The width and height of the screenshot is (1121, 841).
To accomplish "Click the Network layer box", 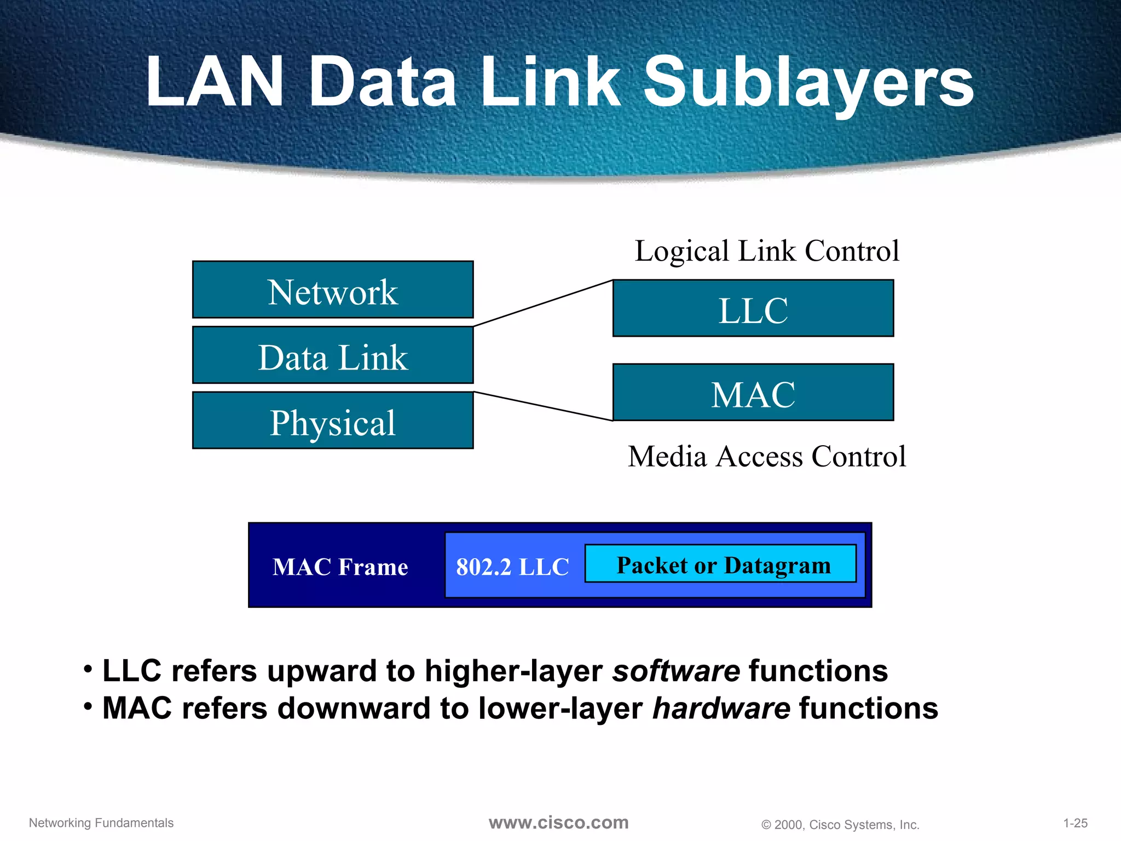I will tap(333, 290).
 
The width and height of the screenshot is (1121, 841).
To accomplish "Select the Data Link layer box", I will tap(333, 355).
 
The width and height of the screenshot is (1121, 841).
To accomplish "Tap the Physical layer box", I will tap(333, 420).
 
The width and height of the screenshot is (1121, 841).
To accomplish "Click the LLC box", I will tap(753, 309).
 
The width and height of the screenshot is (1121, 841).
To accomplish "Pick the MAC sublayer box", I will tap(753, 393).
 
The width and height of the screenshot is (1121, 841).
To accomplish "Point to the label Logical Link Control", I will tap(766, 251).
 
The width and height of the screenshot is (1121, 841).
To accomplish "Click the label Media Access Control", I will tap(766, 457).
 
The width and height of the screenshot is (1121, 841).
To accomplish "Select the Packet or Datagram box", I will tap(721, 564).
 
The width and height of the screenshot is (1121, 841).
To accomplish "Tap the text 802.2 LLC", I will tap(512, 567).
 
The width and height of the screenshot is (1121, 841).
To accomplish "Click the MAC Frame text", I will tap(340, 567).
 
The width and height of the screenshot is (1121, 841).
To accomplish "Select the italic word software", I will tap(676, 671).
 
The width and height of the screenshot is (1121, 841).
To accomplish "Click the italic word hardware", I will tap(721, 708).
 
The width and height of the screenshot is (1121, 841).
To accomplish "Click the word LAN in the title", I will tap(215, 82).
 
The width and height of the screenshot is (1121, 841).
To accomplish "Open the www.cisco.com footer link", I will tap(558, 822).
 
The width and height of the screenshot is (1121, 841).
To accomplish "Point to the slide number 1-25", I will tap(1075, 823).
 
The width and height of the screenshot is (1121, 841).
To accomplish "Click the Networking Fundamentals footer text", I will tap(101, 823).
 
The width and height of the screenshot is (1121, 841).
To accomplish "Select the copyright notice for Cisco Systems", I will tap(840, 825).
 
